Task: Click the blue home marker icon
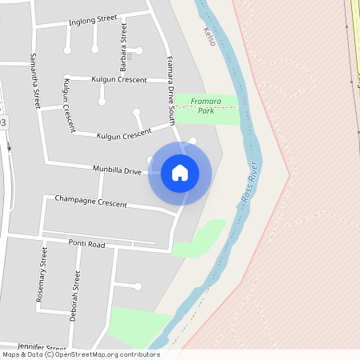click(x=180, y=172)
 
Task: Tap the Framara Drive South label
click(x=170, y=91)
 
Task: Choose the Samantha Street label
click(x=34, y=81)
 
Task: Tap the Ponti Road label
click(x=86, y=243)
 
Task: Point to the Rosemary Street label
click(x=42, y=274)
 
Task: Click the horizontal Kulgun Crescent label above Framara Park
click(x=118, y=80)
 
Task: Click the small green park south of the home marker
click(x=199, y=238)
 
